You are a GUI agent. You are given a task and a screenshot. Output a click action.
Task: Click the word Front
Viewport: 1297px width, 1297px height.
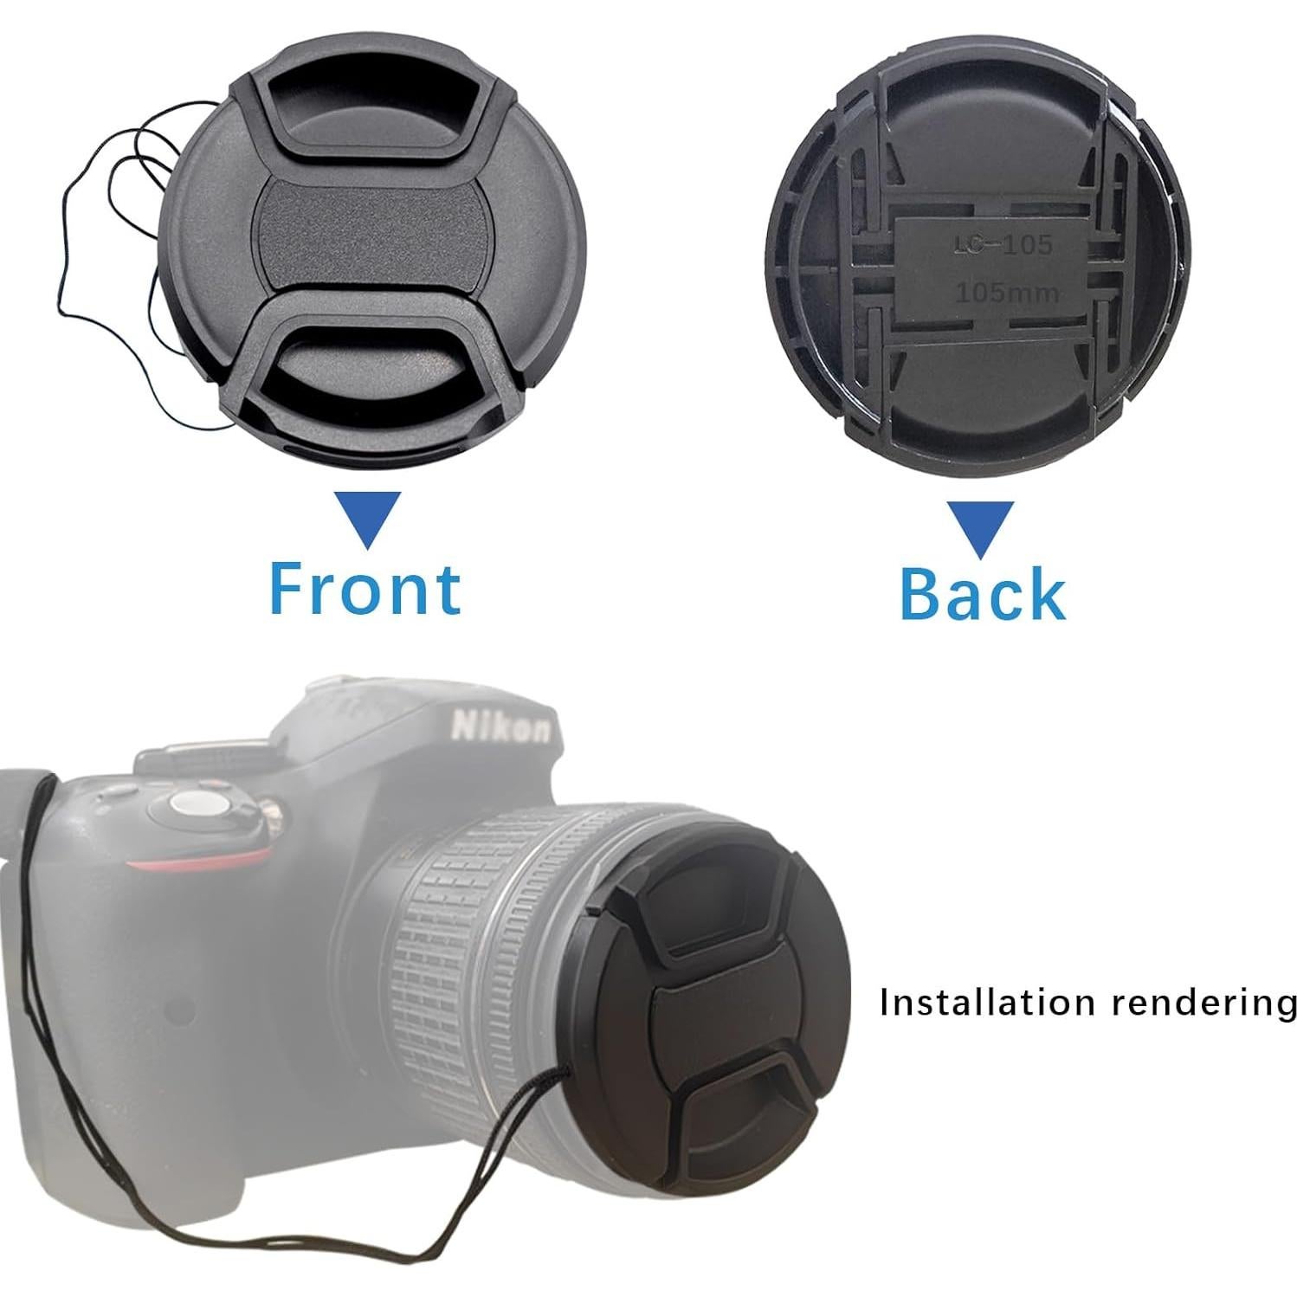click(x=365, y=589)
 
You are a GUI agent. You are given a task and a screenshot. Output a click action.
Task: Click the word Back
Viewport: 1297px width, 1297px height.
click(x=982, y=593)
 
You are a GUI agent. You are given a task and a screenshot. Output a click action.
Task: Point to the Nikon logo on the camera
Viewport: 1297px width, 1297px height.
click(x=500, y=726)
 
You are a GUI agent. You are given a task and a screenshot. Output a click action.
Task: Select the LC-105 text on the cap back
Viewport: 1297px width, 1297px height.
click(x=1003, y=246)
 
